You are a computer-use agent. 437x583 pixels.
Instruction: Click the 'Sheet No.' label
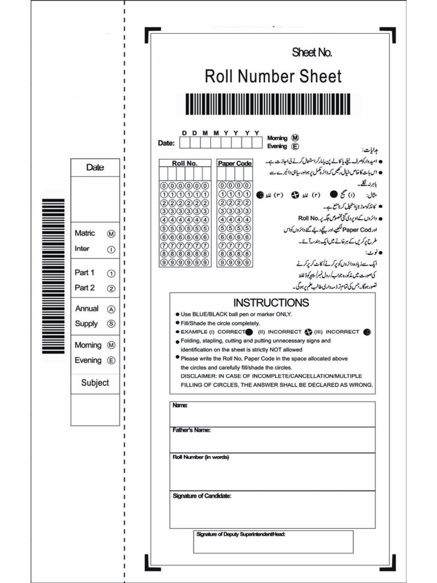(312, 53)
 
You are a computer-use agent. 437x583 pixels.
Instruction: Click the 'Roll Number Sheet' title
(273, 76)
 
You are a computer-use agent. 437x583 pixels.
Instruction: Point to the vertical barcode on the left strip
(53, 276)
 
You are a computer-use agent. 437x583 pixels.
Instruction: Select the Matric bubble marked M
(111, 234)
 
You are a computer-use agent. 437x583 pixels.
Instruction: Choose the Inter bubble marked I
(111, 249)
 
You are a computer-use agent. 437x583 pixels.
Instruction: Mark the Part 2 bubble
(111, 289)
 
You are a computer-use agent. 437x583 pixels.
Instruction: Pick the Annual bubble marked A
(111, 309)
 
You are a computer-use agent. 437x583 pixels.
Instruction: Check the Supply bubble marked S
(111, 324)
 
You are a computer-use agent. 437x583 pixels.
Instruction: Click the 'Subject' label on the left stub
(95, 383)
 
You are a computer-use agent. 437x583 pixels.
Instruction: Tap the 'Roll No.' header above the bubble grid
(184, 163)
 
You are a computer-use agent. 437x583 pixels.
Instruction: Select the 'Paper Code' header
(234, 163)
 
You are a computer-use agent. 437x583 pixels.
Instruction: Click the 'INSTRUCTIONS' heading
(271, 303)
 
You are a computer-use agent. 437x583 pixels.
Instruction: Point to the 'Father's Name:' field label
(192, 430)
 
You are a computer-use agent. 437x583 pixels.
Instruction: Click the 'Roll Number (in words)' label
(201, 457)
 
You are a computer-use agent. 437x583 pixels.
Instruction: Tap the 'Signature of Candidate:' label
(201, 496)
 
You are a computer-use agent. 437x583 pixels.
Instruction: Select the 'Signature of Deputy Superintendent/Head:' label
(241, 535)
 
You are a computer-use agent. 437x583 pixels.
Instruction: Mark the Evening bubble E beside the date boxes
(295, 146)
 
